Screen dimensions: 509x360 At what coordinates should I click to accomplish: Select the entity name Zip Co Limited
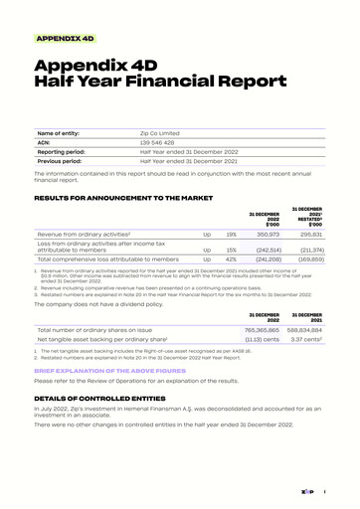(x=162, y=132)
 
